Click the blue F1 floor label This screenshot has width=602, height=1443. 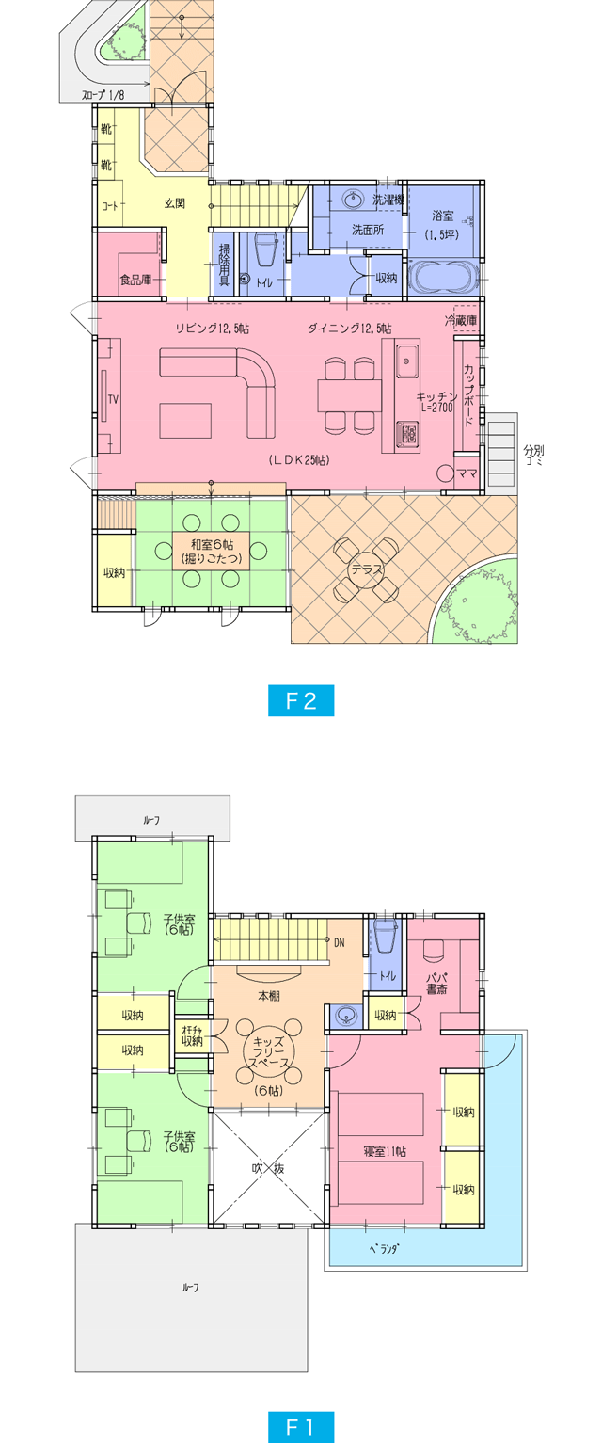[x=300, y=1427]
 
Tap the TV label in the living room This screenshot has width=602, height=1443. [x=113, y=399]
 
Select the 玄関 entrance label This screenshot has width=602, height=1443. [x=175, y=202]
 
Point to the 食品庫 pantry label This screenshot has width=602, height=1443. [x=135, y=280]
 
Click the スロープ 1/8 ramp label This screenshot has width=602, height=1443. [x=102, y=94]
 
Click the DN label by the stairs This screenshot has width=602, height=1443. [x=339, y=941]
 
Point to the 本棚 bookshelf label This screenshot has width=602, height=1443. [x=268, y=996]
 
